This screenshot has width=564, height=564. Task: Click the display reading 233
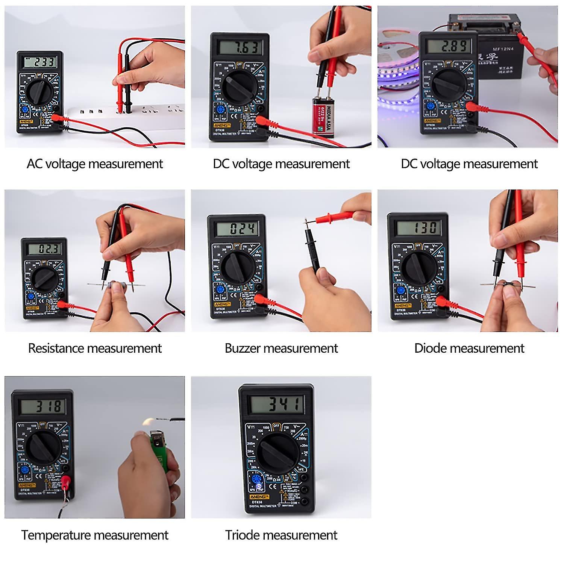click(40, 62)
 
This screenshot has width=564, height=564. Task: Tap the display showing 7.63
click(240, 48)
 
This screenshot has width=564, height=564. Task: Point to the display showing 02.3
click(44, 249)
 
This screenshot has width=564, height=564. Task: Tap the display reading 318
click(42, 406)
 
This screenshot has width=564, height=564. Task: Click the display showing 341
click(277, 404)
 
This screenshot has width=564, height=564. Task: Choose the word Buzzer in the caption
click(242, 348)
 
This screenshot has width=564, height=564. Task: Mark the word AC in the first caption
click(34, 164)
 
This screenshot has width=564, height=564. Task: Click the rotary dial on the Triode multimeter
click(277, 453)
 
